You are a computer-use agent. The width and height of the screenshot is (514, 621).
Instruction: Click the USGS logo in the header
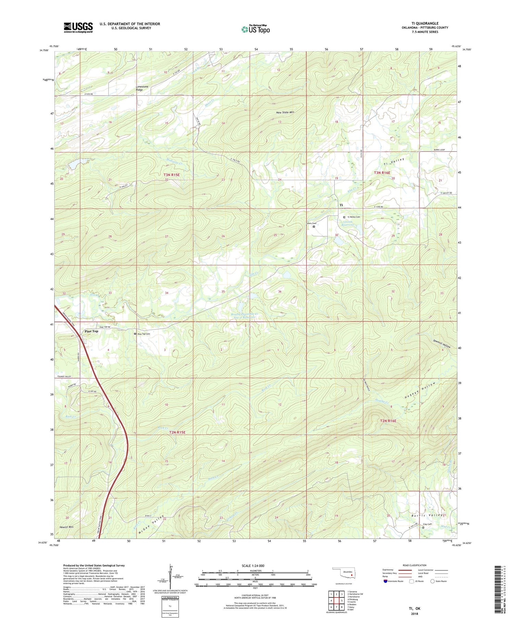[x=78, y=27]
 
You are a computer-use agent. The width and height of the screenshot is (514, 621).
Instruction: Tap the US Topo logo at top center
[x=255, y=29]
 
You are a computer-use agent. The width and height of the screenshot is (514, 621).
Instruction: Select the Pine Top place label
[x=91, y=331]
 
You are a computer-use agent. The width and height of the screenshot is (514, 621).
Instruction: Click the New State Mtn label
[x=285, y=112]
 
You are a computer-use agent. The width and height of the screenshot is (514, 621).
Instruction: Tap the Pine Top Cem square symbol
[x=135, y=334]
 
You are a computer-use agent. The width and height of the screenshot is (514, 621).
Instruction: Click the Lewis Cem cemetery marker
[x=314, y=226]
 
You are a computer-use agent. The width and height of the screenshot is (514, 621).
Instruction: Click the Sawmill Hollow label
[x=441, y=344]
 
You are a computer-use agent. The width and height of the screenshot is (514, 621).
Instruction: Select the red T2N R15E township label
[x=177, y=432]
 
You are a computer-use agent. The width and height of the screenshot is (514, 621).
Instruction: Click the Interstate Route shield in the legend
[x=385, y=581]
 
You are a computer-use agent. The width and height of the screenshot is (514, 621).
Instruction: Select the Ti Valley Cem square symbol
[x=344, y=217]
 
